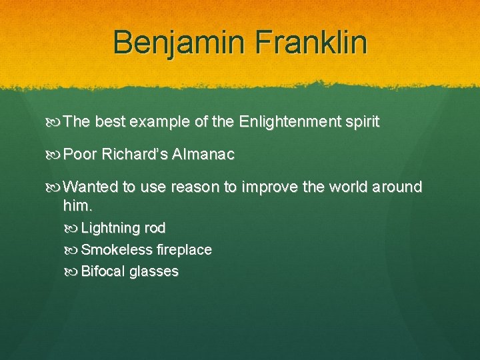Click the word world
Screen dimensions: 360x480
[x=348, y=187]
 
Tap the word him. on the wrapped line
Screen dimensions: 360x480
[x=77, y=205]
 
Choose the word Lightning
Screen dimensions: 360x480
[x=110, y=228]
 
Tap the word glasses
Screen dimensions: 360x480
[x=154, y=272]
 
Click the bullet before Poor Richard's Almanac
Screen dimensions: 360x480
[x=54, y=155]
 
